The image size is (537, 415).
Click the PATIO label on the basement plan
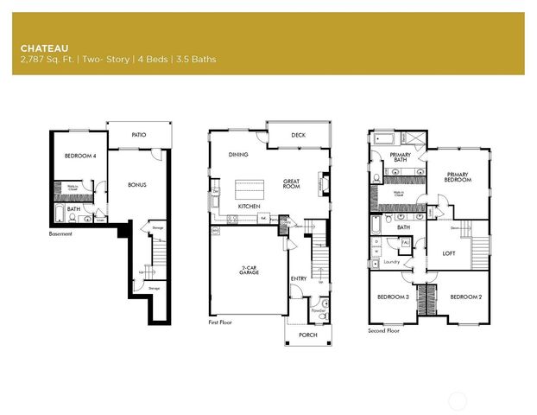click(x=138, y=135)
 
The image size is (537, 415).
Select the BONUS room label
click(x=137, y=184)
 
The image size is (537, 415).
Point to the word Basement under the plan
click(x=61, y=233)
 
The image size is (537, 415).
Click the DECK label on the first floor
click(x=298, y=135)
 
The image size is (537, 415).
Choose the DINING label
click(x=239, y=155)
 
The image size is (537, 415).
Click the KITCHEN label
click(x=250, y=207)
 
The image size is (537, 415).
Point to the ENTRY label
click(x=298, y=278)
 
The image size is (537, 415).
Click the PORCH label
click(x=307, y=335)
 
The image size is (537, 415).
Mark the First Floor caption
click(x=220, y=322)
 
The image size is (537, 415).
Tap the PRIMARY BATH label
click(x=399, y=156)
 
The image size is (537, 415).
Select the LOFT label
click(x=449, y=253)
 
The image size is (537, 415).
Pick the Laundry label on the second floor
click(x=390, y=261)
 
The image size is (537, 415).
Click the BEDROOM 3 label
click(x=393, y=297)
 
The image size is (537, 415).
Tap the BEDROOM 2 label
click(x=465, y=297)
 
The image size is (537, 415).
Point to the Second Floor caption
click(x=382, y=330)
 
